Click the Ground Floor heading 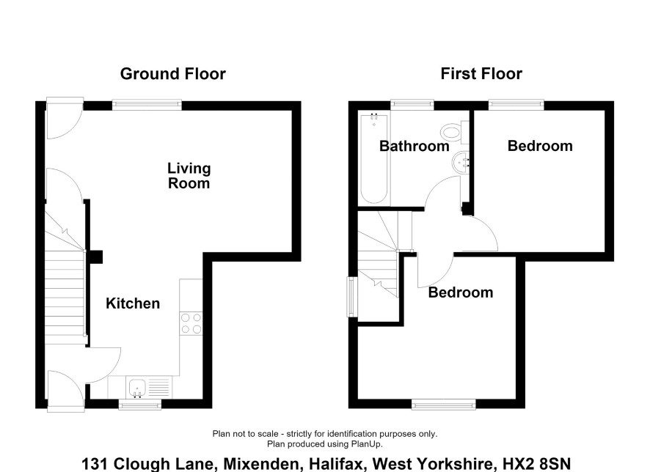pyautogui.click(x=173, y=74)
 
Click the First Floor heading pyautogui.click(x=481, y=74)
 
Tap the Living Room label pyautogui.click(x=189, y=176)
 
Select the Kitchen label pyautogui.click(x=133, y=303)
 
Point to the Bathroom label pyautogui.click(x=414, y=146)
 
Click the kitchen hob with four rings pyautogui.click(x=191, y=323)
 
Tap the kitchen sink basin pyautogui.click(x=136, y=388)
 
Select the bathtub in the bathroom pyautogui.click(x=374, y=158)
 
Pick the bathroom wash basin pyautogui.click(x=460, y=161)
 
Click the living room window pyautogui.click(x=147, y=105)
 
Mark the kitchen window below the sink pyautogui.click(x=139, y=405)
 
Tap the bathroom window pyautogui.click(x=412, y=105)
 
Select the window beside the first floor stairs pyautogui.click(x=352, y=296)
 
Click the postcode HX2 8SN pyautogui.click(x=537, y=464)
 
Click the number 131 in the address pyautogui.click(x=95, y=464)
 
